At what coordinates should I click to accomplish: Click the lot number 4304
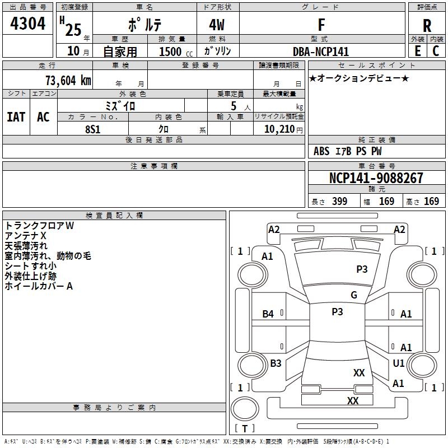27,24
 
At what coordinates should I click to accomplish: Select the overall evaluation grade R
427,25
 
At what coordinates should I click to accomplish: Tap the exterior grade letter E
418,50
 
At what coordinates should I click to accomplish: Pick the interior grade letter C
436,50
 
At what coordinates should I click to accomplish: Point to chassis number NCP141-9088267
376,179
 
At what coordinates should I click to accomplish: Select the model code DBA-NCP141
321,51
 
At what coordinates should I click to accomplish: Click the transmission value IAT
16,116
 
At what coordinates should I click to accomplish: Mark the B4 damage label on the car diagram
268,314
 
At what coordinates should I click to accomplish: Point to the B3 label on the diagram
276,363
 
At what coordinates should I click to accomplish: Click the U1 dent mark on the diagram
399,363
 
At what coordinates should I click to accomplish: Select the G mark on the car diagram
354,295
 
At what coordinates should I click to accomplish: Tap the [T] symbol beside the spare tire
245,428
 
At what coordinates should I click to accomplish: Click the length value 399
339,201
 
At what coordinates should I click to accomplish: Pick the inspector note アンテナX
26,236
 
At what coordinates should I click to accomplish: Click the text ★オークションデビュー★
359,78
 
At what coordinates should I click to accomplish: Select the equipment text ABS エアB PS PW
348,151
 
